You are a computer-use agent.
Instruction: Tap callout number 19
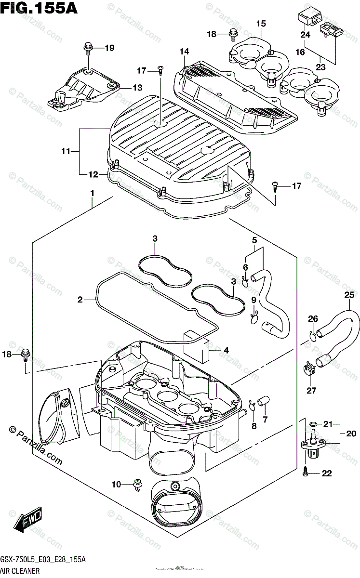[109, 48]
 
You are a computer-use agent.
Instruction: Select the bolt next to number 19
[89, 47]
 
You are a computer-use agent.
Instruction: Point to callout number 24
[305, 35]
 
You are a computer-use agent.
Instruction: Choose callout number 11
[66, 152]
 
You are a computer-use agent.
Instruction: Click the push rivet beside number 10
[139, 484]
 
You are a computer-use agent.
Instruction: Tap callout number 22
[326, 473]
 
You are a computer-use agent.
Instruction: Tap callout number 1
[92, 193]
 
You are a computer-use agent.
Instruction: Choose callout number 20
[351, 433]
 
